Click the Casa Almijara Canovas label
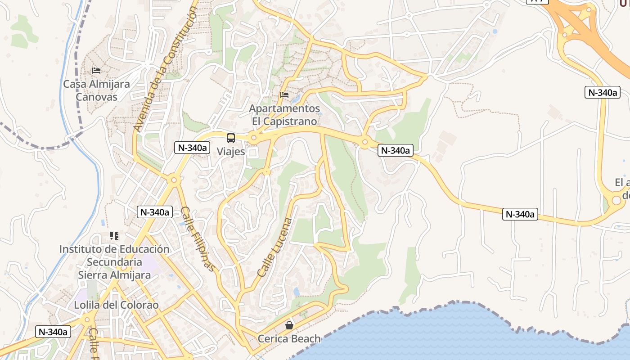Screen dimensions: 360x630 click(x=96, y=90)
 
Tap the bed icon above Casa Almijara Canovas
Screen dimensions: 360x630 click(x=96, y=71)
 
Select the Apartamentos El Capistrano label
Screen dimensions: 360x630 click(x=284, y=115)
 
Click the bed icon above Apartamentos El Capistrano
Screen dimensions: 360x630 click(x=284, y=95)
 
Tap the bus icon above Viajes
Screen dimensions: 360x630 click(x=231, y=138)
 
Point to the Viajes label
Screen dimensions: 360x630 click(x=231, y=152)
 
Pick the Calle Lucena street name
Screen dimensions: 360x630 click(x=275, y=247)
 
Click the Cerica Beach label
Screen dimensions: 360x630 click(x=289, y=339)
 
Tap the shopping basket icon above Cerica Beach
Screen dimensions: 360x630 click(x=289, y=325)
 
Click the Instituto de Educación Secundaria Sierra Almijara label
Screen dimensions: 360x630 click(x=114, y=262)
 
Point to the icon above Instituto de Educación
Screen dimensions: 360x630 click(x=114, y=236)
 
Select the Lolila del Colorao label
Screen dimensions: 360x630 click(x=117, y=305)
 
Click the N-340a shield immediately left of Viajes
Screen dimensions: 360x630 click(x=192, y=147)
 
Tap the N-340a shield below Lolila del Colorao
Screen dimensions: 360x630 click(x=53, y=332)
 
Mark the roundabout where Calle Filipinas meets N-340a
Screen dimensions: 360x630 click(x=174, y=180)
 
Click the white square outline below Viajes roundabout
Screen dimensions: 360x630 click(x=253, y=153)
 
